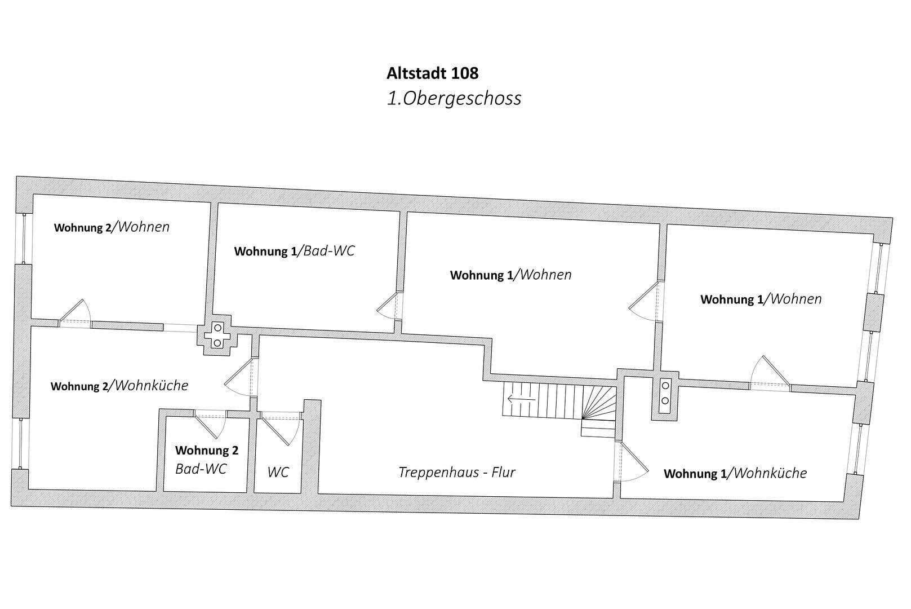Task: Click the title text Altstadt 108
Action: coord(432,73)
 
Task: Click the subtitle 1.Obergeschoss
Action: coord(454,98)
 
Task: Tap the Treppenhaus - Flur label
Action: coord(456,473)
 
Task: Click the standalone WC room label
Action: coord(278,473)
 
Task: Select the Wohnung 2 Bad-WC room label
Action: coord(206,460)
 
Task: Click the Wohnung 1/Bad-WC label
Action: coord(294,251)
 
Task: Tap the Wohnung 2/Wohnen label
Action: coord(112,227)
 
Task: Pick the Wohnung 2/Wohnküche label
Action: coord(119,386)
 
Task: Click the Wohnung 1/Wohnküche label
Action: coord(735,473)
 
